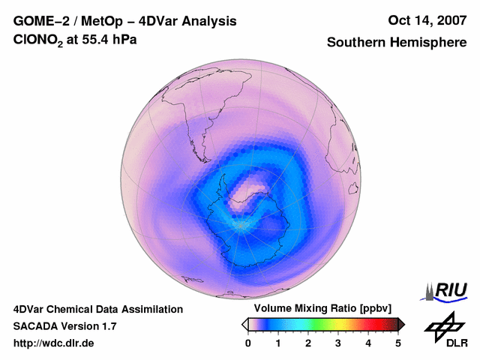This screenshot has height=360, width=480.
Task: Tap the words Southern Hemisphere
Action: click(x=396, y=43)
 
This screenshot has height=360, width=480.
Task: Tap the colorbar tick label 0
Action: click(x=248, y=343)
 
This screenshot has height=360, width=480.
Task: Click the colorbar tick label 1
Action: click(x=278, y=343)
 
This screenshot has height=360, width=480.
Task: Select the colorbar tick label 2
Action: click(x=308, y=343)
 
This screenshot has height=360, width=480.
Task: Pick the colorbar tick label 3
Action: click(x=338, y=343)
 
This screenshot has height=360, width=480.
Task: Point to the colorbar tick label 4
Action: click(x=368, y=343)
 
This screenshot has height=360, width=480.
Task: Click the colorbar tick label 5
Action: click(x=398, y=343)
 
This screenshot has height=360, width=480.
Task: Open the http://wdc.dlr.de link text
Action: click(x=54, y=343)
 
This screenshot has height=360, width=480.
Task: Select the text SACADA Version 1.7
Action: click(x=64, y=326)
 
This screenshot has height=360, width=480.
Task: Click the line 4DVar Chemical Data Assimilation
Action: click(x=97, y=309)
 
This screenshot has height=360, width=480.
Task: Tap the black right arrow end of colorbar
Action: click(x=401, y=324)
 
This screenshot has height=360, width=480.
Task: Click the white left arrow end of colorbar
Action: click(x=244, y=324)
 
